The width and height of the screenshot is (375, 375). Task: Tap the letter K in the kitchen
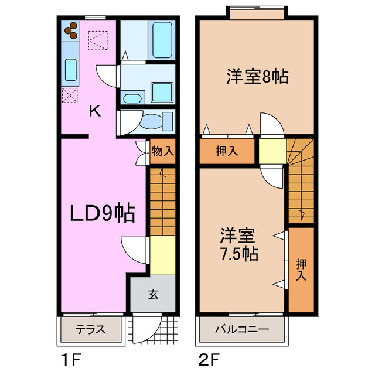(x=94, y=111)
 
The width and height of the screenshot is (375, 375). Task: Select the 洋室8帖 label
(x=257, y=77)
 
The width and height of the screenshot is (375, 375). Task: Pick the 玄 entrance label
(x=153, y=294)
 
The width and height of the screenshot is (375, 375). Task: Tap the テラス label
(x=90, y=329)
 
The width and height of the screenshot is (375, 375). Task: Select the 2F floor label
(x=209, y=358)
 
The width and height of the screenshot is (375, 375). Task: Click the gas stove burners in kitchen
(x=71, y=29)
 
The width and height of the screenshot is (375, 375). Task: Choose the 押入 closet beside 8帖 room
(x=227, y=151)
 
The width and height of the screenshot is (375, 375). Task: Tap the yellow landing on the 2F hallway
(x=272, y=151)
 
